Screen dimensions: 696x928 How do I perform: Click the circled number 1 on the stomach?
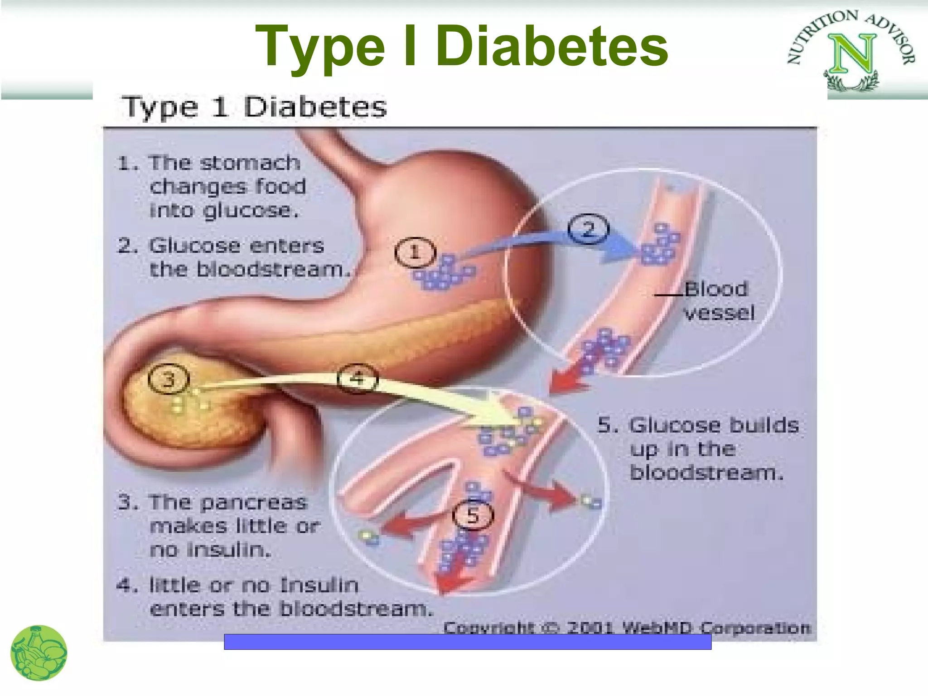pos(415,252)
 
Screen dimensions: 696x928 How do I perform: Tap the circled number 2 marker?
pos(588,229)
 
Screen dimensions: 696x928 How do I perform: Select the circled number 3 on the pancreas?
pos(169,379)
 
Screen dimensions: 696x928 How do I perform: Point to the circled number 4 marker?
pos(358,378)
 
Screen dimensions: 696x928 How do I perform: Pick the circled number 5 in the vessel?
pos(473,516)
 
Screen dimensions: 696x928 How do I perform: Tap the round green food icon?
pos(39,653)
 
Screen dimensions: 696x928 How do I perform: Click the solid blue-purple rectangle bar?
pos(467,642)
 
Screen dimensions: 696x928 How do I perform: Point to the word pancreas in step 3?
pos(253,503)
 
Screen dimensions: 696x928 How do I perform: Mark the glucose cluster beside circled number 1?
pos(444,273)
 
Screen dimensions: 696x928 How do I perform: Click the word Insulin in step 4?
pos(319,585)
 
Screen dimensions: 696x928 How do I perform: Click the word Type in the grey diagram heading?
pos(160,108)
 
